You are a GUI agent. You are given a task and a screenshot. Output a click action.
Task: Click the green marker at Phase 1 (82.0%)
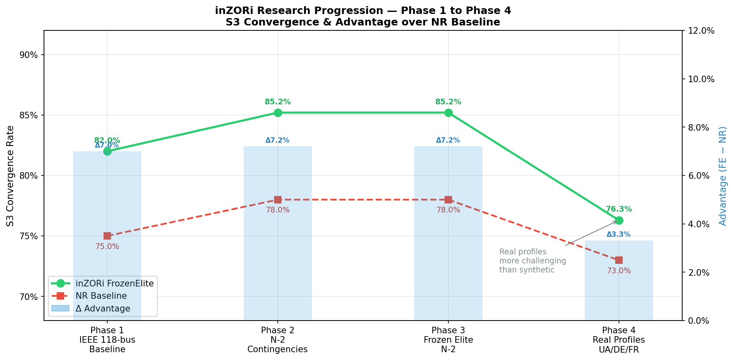(107, 151)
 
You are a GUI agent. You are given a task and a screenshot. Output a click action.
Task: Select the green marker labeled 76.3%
(619, 220)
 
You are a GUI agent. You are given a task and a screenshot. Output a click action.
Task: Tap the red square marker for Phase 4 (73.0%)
(619, 260)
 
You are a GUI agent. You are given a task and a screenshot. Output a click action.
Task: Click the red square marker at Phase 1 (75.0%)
(107, 236)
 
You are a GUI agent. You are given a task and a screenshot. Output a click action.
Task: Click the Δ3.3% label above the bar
(619, 235)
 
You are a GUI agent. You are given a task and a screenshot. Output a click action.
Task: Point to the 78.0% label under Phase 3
(448, 210)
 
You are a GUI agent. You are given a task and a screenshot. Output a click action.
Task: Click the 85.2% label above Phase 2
(278, 102)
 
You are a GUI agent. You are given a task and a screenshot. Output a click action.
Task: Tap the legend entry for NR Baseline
(101, 296)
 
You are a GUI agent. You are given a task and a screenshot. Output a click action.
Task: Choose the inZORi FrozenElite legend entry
(115, 284)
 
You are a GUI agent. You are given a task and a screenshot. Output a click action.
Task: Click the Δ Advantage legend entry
(103, 309)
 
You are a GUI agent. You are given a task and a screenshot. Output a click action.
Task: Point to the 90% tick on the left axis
(29, 55)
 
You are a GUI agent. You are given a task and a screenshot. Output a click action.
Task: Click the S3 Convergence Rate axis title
(10, 175)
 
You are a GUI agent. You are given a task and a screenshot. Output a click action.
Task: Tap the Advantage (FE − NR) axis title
(723, 175)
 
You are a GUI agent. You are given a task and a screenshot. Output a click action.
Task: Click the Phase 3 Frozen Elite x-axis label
(448, 340)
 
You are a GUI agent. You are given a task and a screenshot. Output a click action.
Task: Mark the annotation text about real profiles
(533, 261)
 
